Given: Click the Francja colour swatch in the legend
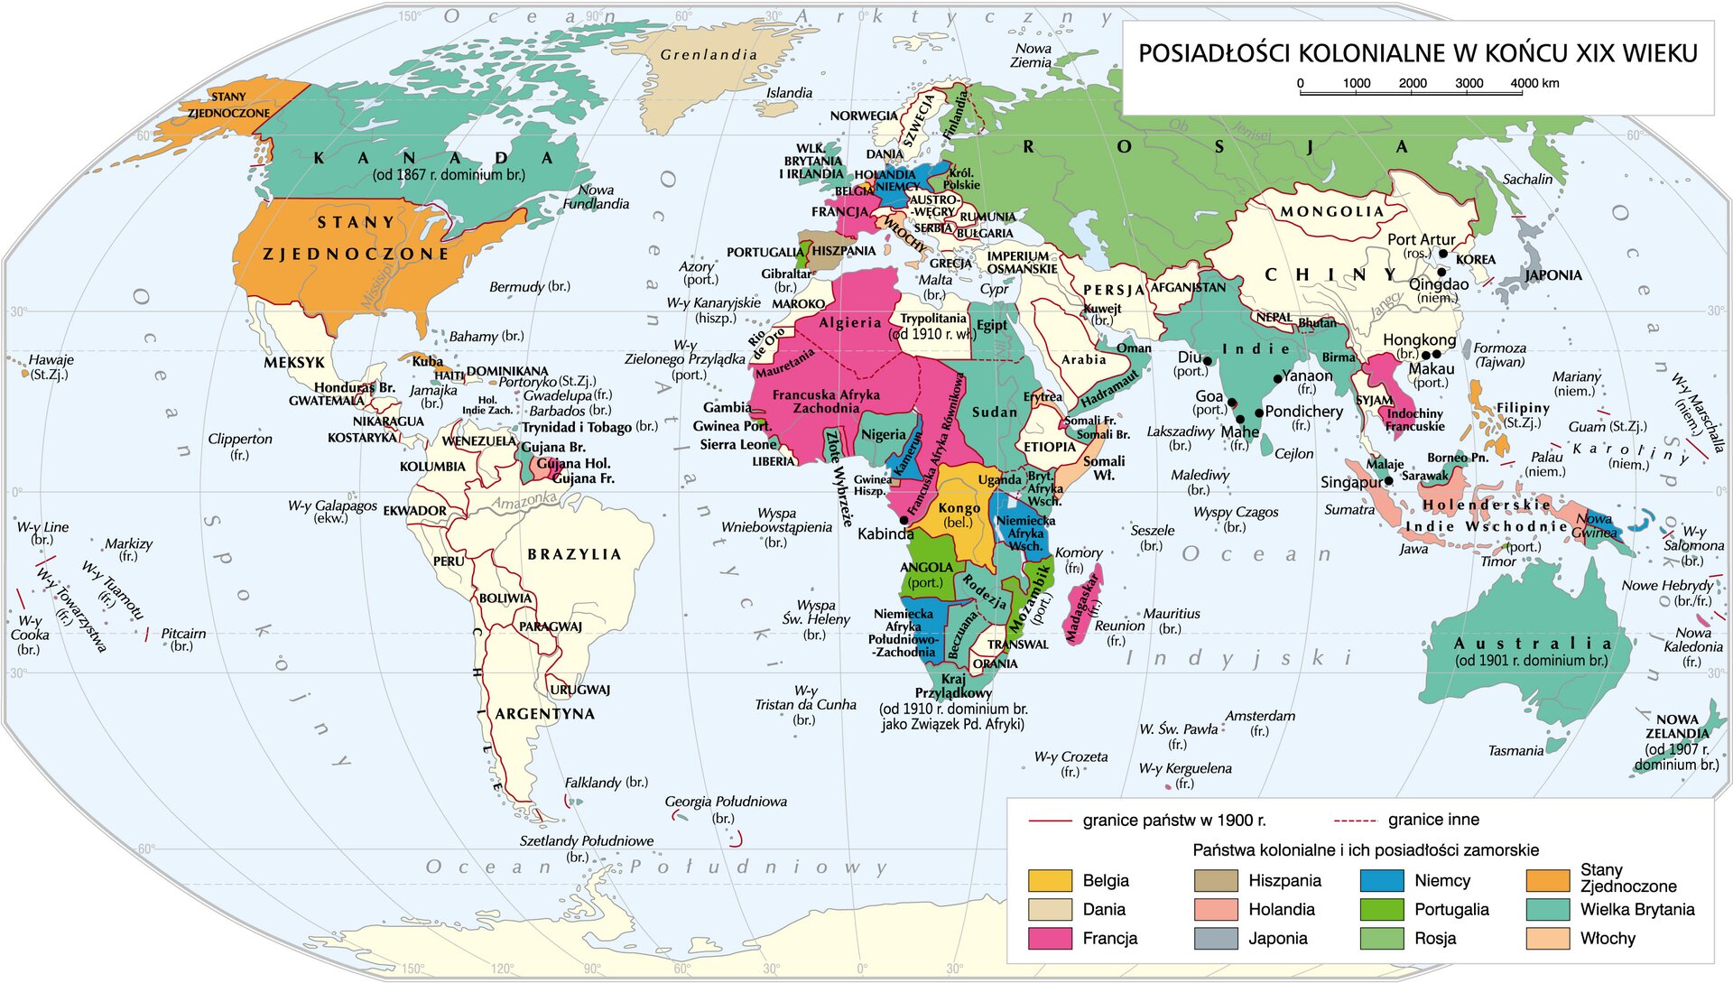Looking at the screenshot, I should click(1050, 938).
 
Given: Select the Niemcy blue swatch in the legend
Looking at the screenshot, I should click(1382, 880).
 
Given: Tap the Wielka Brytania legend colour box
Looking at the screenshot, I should click(1548, 909).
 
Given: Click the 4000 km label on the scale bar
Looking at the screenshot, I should click(1535, 83).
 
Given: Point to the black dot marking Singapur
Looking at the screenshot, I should click(1388, 481).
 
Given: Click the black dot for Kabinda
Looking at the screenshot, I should click(904, 521).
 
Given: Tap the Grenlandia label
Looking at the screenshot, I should click(709, 54).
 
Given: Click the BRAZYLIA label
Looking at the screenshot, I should click(575, 554).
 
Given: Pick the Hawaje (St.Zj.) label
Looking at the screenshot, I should click(51, 366).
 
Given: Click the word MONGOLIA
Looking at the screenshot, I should click(1332, 211).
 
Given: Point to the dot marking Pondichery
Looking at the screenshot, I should click(1259, 413).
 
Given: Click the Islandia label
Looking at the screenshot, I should click(789, 93).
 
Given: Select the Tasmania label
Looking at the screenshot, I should click(1515, 750).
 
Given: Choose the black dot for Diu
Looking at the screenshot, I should click(1208, 361).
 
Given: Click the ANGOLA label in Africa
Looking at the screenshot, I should click(926, 567).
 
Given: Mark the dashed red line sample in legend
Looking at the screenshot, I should click(1354, 821).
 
